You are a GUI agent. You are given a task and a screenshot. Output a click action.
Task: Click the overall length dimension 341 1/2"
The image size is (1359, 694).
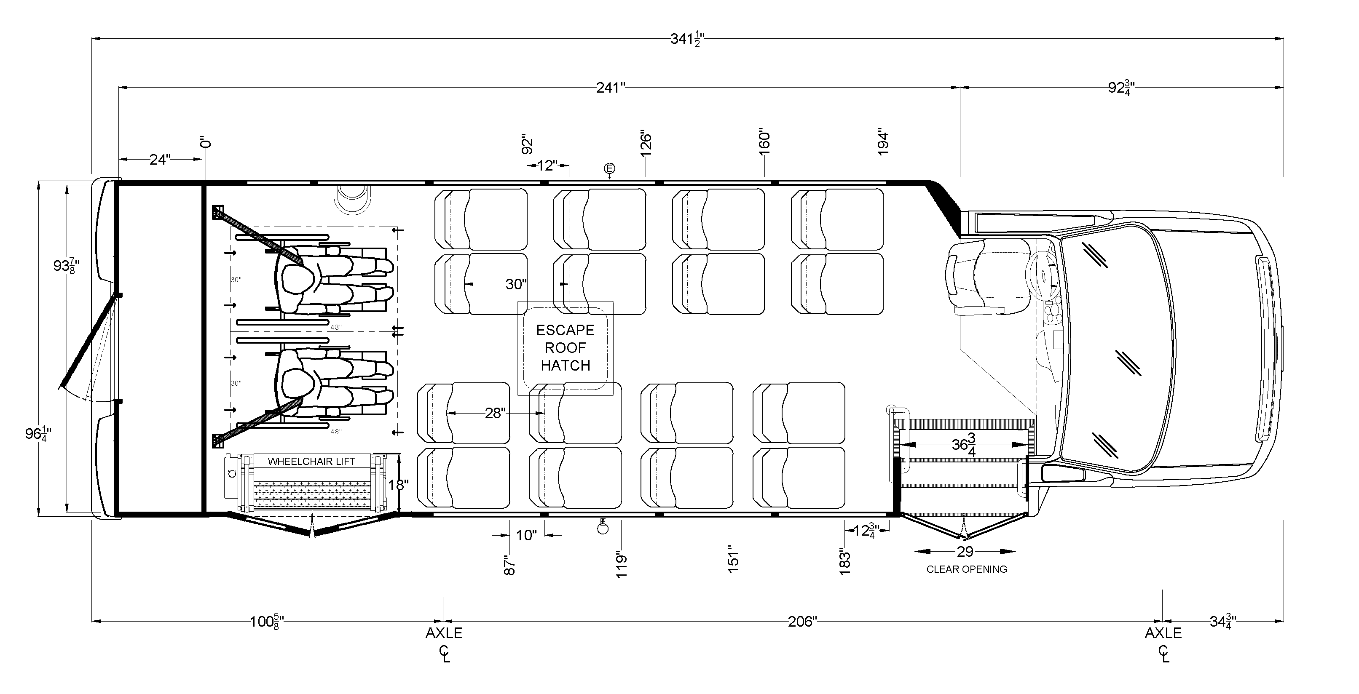tap(687, 39)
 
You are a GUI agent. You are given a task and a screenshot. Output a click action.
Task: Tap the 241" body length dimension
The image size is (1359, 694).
tap(610, 88)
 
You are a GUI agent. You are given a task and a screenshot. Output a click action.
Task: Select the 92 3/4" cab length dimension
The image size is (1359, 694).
tap(1121, 88)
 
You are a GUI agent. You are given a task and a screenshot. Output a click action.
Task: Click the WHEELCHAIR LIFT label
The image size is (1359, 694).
tap(311, 462)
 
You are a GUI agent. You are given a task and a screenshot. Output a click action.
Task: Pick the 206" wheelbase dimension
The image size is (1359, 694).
tap(802, 622)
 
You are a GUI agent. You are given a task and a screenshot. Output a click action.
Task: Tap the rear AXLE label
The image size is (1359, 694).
tap(444, 633)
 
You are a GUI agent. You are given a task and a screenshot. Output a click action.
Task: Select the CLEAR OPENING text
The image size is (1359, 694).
tap(967, 569)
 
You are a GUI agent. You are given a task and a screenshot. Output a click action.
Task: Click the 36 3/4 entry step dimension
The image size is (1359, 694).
tap(964, 446)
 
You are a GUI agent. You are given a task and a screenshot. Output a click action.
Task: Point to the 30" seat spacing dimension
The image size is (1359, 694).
tap(515, 284)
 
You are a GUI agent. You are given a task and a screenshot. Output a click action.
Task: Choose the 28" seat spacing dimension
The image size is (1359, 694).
tap(495, 413)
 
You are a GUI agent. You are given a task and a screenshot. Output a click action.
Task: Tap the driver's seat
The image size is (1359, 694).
tap(986, 277)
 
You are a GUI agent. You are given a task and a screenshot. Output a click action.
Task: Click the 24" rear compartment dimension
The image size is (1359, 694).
tap(160, 159)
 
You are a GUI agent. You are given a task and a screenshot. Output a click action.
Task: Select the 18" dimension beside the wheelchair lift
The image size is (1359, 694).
tap(398, 484)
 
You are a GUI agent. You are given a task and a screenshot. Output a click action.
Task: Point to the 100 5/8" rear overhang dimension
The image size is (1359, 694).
tap(267, 622)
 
